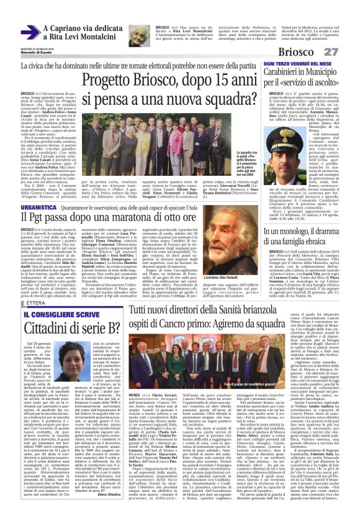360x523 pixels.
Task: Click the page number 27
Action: pyautogui.click(x=347, y=52)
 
